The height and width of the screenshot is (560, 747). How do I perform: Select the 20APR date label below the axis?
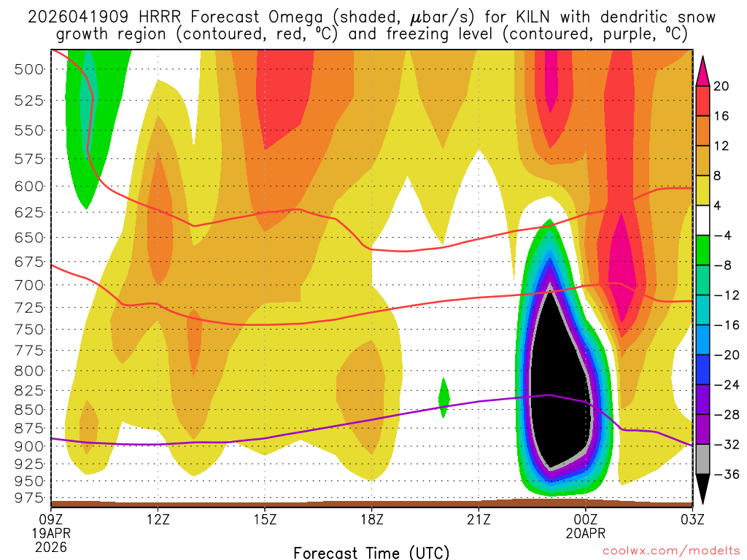pyautogui.click(x=586, y=533)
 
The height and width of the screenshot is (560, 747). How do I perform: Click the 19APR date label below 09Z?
pyautogui.click(x=51, y=533)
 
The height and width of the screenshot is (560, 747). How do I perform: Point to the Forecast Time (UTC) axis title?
pyautogui.click(x=371, y=552)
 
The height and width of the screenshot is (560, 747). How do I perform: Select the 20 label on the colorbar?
pyautogui.click(x=721, y=86)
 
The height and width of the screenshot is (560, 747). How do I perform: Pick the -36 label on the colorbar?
pyautogui.click(x=724, y=474)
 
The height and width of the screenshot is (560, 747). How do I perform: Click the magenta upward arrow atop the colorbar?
pyautogui.click(x=703, y=70)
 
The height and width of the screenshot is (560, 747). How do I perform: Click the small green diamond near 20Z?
pyautogui.click(x=444, y=398)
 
